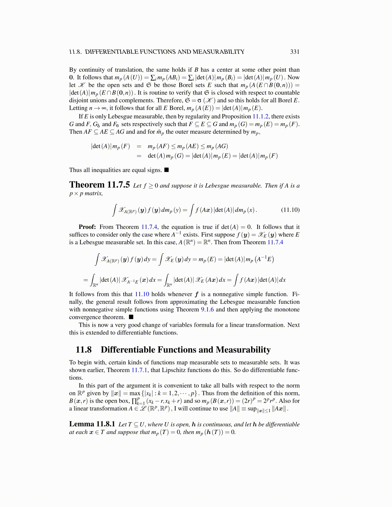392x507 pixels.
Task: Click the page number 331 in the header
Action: tap(295, 52)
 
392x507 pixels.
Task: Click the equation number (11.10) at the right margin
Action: tap(290, 210)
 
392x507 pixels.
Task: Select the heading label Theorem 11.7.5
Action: tap(100, 185)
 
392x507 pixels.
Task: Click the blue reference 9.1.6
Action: tap(207, 310)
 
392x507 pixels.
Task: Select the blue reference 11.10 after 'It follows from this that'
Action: tap(142, 294)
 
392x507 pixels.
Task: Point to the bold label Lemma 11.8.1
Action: tap(92, 424)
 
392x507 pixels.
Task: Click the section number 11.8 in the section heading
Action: tap(84, 350)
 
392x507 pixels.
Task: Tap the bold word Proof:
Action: tap(87, 227)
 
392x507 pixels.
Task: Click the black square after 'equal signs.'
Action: tap(167, 170)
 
